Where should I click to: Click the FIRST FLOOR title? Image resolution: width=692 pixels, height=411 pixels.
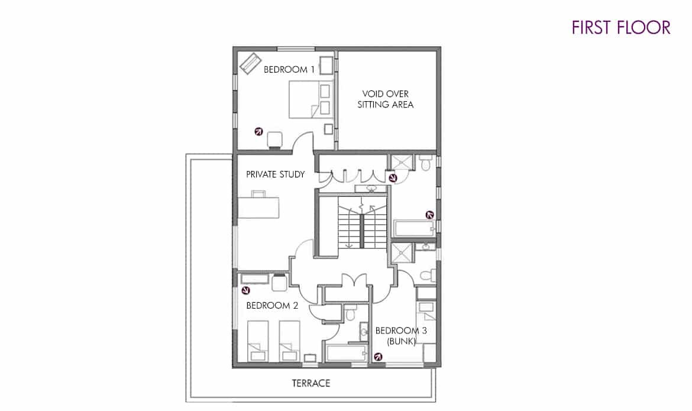click(621, 27)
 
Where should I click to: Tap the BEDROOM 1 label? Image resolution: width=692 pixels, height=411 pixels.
click(289, 69)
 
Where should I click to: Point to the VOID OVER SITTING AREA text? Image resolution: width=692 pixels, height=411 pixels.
click(385, 99)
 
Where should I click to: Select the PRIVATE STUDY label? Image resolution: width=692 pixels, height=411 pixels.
click(276, 174)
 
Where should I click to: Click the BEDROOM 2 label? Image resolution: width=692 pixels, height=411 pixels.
click(272, 306)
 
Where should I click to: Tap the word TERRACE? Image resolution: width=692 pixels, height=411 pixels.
click(311, 383)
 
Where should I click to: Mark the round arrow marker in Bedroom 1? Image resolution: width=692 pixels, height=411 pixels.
click(258, 131)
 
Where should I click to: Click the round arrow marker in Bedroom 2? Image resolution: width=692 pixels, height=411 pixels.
click(246, 290)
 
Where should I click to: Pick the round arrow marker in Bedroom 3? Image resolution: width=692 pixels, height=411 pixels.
click(378, 357)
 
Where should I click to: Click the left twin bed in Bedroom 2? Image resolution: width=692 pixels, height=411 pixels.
click(258, 341)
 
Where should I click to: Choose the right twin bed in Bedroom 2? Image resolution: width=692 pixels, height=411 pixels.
click(289, 341)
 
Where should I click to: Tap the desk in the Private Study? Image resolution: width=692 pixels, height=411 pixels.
click(258, 207)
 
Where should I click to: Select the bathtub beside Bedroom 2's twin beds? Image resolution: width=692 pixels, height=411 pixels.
click(347, 353)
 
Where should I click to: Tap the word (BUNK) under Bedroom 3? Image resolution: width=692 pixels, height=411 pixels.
click(401, 341)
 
